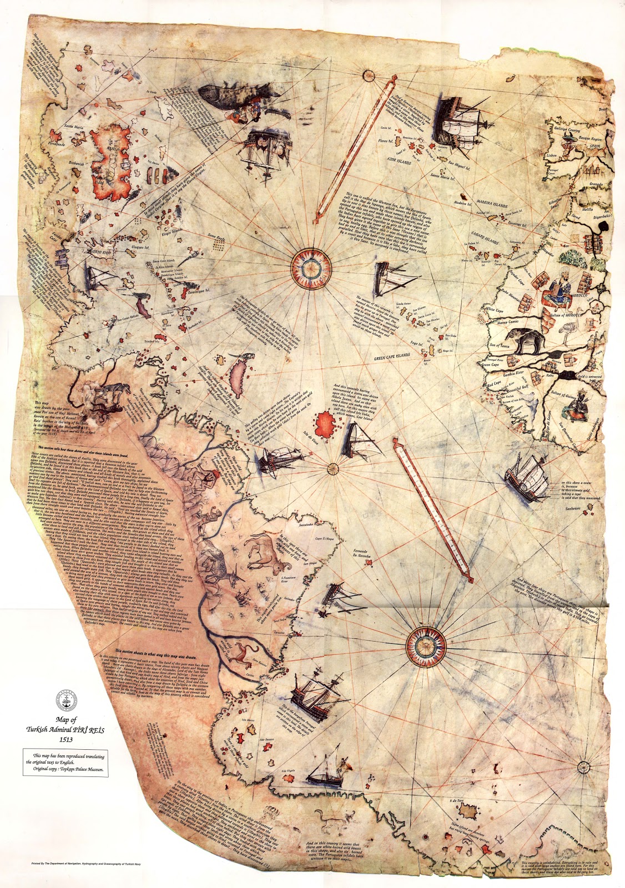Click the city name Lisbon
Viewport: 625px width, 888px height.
[552, 156]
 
